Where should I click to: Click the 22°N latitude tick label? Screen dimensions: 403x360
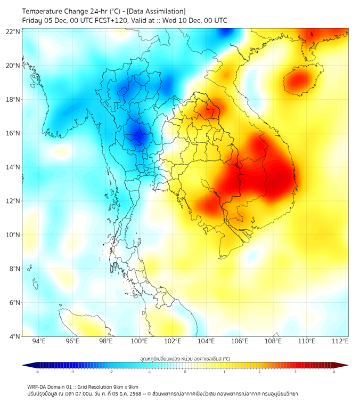13,31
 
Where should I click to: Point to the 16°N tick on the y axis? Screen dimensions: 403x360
13,133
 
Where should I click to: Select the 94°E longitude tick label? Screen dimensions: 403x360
39,341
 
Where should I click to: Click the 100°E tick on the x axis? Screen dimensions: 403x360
140,341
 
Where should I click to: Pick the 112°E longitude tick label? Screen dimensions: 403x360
340,341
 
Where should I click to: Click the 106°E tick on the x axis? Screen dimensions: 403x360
240,341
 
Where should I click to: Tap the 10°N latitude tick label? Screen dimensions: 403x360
13,235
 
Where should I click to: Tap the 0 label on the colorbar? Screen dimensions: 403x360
185,372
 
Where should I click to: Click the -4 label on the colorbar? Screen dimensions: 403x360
37,372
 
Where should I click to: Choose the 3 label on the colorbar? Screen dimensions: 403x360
296,372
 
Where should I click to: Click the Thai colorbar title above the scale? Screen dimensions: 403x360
185,358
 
